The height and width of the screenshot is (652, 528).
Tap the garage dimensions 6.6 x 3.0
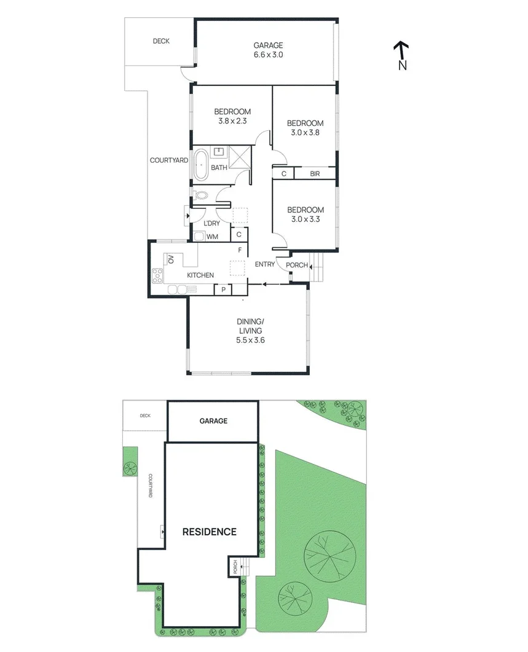coord(268,55)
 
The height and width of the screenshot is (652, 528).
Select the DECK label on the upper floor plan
coord(161,41)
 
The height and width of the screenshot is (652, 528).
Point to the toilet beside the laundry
coord(200,197)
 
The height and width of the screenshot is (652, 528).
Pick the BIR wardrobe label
coord(315,174)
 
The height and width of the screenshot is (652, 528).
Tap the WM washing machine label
coord(212,237)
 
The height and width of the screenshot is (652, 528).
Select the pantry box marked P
coord(223,289)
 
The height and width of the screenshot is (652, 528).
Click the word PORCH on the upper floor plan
coord(297,265)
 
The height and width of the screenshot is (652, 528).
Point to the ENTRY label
coord(265,264)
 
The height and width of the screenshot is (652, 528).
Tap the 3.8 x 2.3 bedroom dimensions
coord(232,121)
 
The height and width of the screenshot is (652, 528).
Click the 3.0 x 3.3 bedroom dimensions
coord(305,219)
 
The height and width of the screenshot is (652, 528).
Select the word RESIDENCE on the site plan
coord(209,532)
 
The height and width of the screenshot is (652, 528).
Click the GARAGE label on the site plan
coord(213,421)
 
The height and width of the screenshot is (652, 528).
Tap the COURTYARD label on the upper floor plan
coord(169,160)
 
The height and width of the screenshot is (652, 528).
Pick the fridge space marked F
coord(240,250)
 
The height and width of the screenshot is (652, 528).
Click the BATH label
coord(218,168)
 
